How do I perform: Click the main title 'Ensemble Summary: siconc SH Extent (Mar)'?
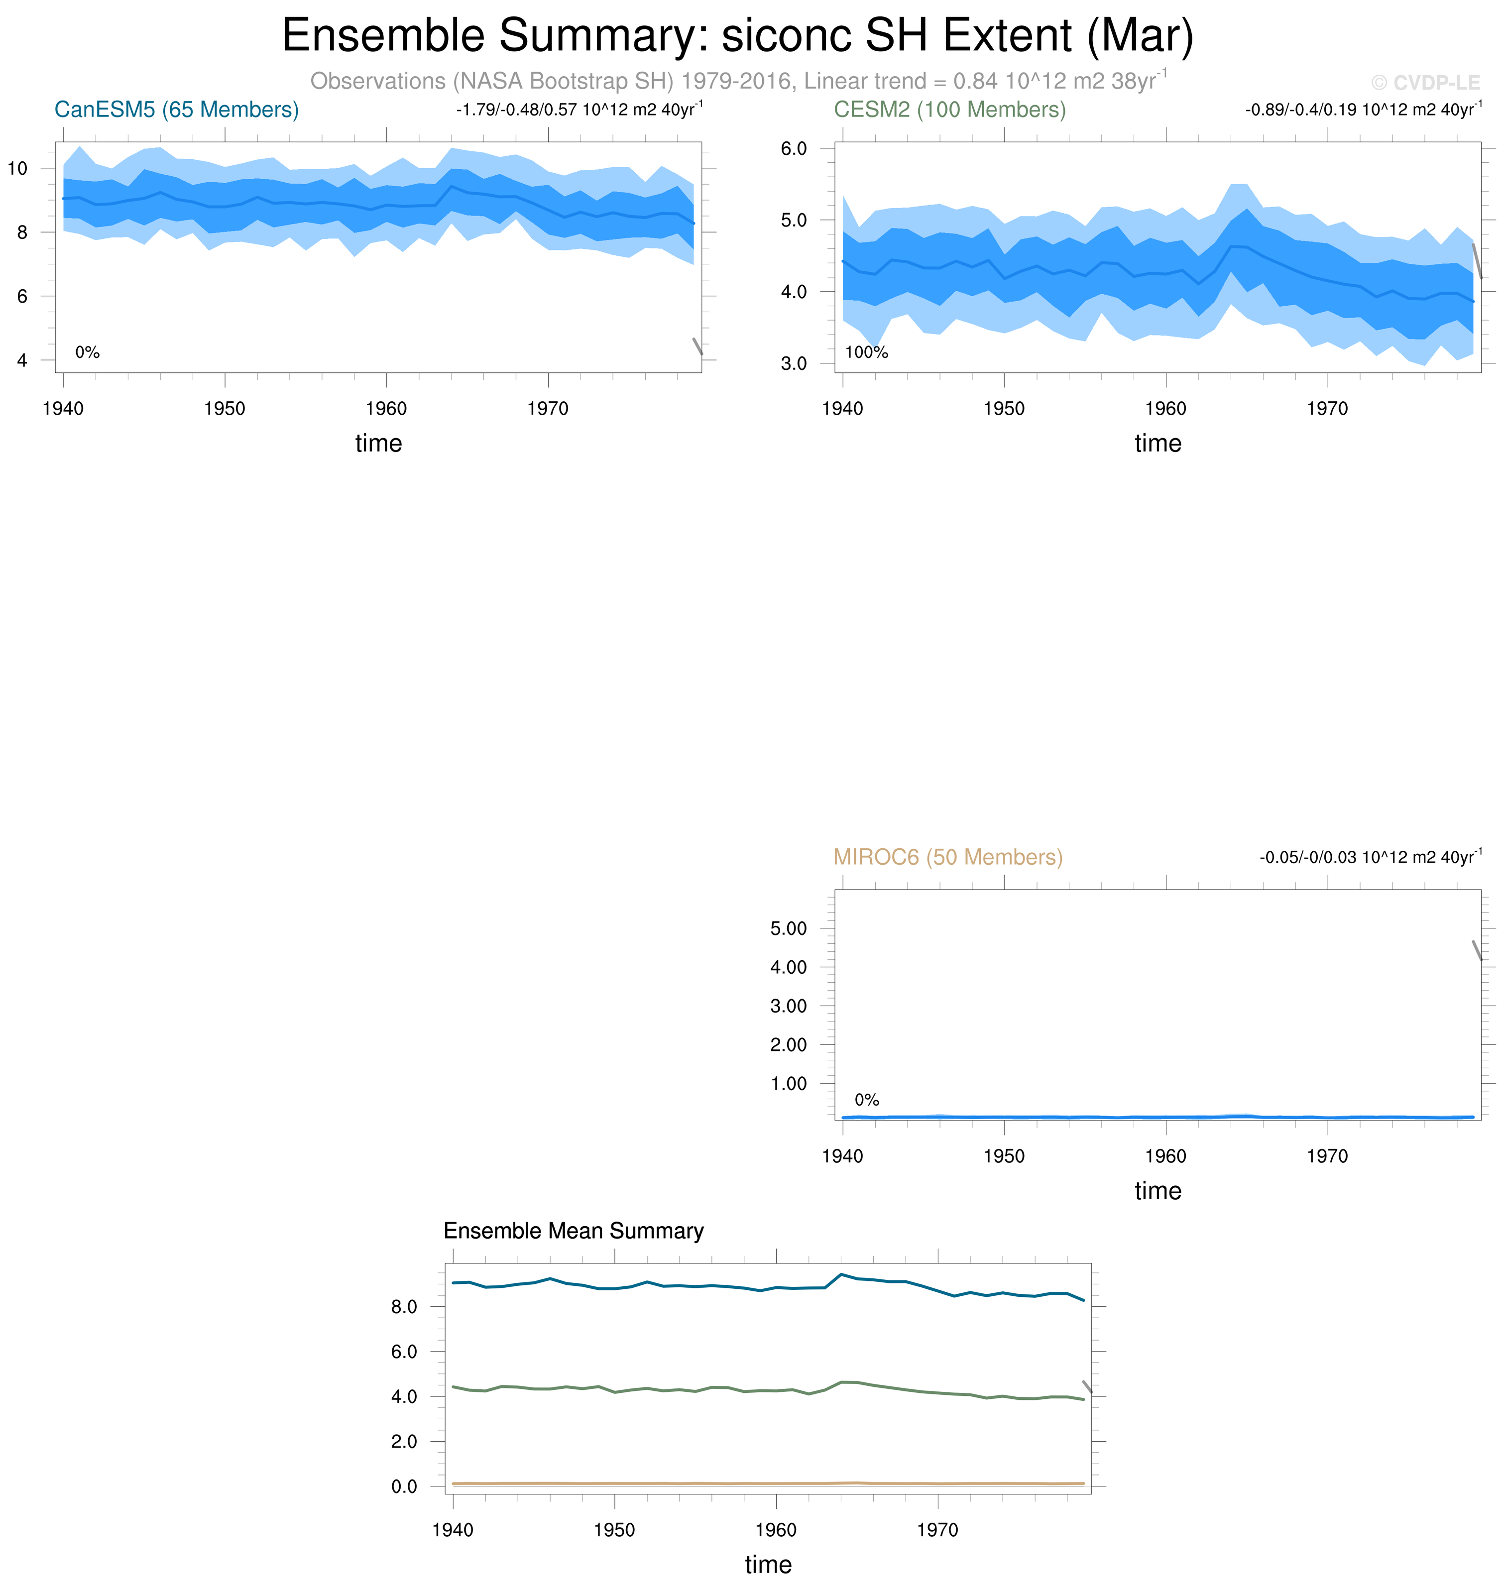737,36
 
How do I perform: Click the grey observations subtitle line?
737,81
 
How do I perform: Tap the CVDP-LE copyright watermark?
1425,83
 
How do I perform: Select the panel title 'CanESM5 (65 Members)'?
177,110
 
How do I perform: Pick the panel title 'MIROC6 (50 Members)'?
947,858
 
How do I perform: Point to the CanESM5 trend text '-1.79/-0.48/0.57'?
517,110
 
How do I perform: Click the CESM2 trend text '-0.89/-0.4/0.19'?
1299,110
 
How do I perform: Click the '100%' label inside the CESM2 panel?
866,353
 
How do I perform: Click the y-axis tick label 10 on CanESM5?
17,168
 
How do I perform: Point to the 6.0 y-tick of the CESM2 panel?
794,148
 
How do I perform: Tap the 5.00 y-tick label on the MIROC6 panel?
788,929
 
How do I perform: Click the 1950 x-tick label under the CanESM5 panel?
225,409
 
